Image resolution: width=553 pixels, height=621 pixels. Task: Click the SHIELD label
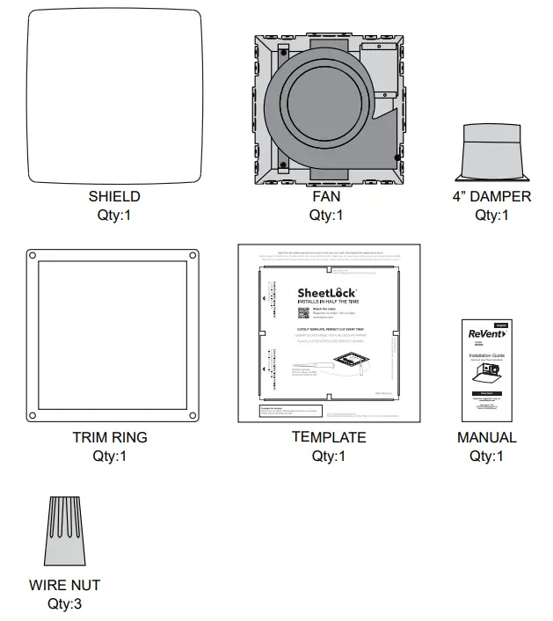pos(114,196)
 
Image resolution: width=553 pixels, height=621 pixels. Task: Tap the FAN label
pos(325,196)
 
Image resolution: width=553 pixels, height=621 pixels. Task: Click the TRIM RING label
pos(110,437)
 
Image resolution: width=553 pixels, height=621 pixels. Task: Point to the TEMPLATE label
pos(328,437)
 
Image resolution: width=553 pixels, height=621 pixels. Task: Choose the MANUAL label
pos(487,437)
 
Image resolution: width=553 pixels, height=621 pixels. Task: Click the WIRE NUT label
pos(65,585)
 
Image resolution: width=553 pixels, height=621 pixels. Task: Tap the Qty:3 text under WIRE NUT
pos(65,603)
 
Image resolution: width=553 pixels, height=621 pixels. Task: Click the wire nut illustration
pos(66,532)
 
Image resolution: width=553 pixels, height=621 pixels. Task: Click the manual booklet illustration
pos(486,369)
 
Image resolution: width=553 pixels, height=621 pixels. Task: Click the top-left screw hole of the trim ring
pos(33,256)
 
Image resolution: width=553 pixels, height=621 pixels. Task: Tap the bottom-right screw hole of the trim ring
pos(187,415)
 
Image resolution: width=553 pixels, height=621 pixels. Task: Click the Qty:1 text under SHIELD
pos(114,215)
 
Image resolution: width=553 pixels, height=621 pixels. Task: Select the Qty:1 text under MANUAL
pos(487,456)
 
